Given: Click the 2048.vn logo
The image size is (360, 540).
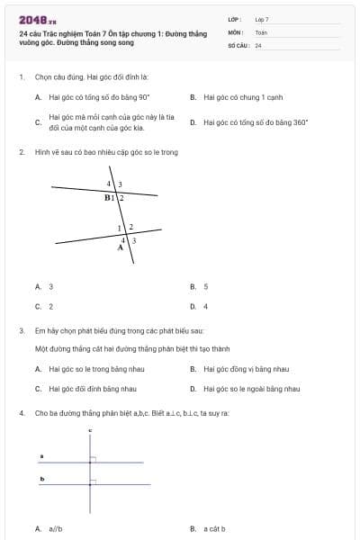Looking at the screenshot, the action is pyautogui.click(x=38, y=20).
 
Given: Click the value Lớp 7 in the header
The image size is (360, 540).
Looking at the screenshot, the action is pyautogui.click(x=262, y=18).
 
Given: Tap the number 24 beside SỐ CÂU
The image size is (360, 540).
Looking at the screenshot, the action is pyautogui.click(x=258, y=44).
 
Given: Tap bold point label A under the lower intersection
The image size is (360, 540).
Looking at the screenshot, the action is pyautogui.click(x=120, y=247).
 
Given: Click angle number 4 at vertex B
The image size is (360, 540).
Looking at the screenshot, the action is pyautogui.click(x=110, y=184).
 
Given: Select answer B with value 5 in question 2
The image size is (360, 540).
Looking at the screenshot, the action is pyautogui.click(x=205, y=286).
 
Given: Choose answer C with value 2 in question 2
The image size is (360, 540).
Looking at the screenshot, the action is pyautogui.click(x=50, y=306).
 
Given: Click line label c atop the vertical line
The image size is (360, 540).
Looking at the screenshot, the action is pyautogui.click(x=90, y=431).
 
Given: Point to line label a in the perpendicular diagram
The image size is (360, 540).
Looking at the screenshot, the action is pyautogui.click(x=41, y=456).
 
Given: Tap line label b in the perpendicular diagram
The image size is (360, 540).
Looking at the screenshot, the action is pyautogui.click(x=41, y=479).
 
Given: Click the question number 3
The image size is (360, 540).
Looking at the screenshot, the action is pyautogui.click(x=21, y=330).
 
